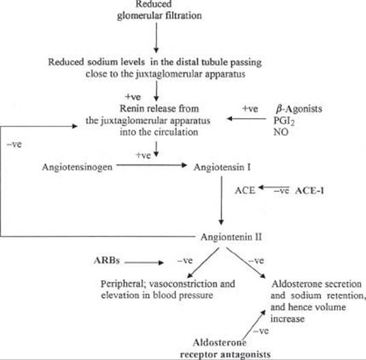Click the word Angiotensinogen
pyautogui.click(x=77, y=167)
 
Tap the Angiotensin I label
pyautogui.click(x=222, y=167)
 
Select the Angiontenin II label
pyautogui.click(x=231, y=237)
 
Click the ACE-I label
pyautogui.click(x=309, y=191)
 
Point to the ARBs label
pyautogui.click(x=107, y=260)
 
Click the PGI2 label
pyautogui.click(x=284, y=121)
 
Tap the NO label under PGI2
pyautogui.click(x=281, y=132)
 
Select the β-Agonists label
pyautogui.click(x=299, y=109)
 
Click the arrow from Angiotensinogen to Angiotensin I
pyautogui.click(x=152, y=165)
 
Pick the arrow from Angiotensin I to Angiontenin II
pyautogui.click(x=221, y=200)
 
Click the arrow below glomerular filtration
pyautogui.click(x=156, y=38)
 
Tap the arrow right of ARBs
pyautogui.click(x=144, y=262)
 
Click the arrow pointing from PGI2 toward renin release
pyautogui.click(x=247, y=119)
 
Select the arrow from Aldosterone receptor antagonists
pyautogui.click(x=254, y=325)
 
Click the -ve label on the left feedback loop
pyautogui.click(x=14, y=144)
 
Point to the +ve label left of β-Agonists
pyautogui.click(x=250, y=109)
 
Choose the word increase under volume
pyautogui.click(x=287, y=319)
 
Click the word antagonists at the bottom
pyautogui.click(x=246, y=355)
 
